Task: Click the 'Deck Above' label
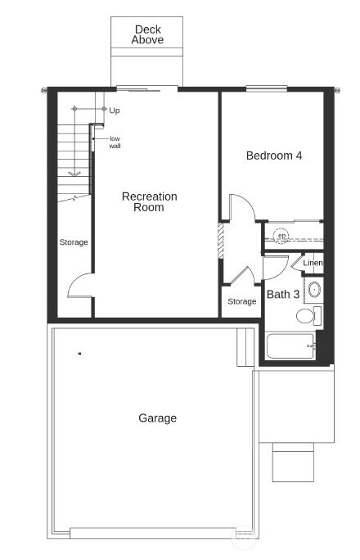point(148,34)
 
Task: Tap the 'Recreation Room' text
point(149,202)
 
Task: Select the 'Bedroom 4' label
point(274,155)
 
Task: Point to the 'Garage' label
point(157,418)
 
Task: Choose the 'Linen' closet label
point(313,263)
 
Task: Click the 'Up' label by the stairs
point(115,110)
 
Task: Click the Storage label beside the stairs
point(73,242)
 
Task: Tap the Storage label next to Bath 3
point(241,301)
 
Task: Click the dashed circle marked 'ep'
point(281,236)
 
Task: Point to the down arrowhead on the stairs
point(74,174)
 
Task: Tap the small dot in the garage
point(79,354)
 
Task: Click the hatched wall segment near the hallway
point(220,242)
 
